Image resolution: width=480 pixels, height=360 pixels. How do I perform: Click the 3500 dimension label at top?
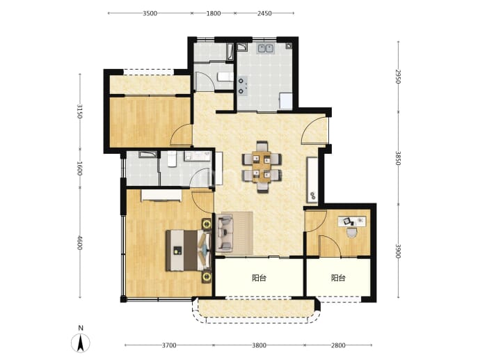coord(150,13)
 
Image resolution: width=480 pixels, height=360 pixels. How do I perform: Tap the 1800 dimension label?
coord(214,13)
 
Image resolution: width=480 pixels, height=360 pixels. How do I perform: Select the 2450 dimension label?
coord(264,13)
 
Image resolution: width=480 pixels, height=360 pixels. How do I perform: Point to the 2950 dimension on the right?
coord(398,77)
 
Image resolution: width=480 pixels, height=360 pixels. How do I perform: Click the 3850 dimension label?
coord(398,158)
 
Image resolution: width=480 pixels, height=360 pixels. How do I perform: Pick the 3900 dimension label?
coord(398,251)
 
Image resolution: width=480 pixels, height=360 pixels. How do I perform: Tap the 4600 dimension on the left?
coord(79,242)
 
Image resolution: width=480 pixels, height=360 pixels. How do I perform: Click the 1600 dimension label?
coord(79,169)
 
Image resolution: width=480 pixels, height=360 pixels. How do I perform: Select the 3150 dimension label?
coord(79,111)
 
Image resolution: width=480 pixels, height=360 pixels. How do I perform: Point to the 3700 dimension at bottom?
coord(169,345)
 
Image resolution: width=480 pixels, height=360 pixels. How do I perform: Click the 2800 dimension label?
coord(338,345)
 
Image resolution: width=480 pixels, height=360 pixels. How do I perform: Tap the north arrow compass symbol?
coord(81,343)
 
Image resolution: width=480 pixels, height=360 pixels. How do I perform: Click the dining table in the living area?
coord(262,166)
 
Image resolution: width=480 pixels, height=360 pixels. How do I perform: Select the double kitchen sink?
coord(266,49)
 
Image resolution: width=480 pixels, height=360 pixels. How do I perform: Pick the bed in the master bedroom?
coord(189,251)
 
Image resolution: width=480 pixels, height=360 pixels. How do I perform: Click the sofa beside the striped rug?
coord(225,233)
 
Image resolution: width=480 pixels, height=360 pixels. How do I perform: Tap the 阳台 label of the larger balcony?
coord(259,278)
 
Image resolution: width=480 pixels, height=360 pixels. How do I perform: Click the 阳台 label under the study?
coord(338,278)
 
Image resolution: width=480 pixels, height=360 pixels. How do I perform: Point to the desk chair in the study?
coord(352,233)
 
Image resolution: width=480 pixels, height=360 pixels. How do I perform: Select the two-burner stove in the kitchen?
coord(243,86)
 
